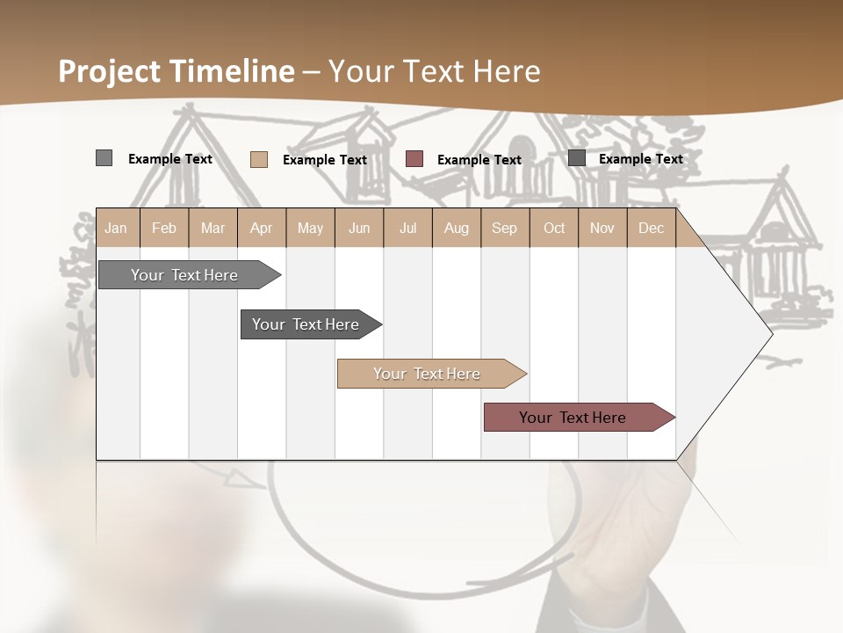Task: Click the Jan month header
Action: click(x=116, y=228)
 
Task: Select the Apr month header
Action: click(x=261, y=228)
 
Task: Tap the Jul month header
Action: click(x=407, y=228)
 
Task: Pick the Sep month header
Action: click(x=504, y=228)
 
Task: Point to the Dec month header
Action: click(x=651, y=228)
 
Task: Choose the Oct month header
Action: click(x=554, y=228)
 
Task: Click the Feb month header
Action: click(x=164, y=228)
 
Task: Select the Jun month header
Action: click(x=359, y=228)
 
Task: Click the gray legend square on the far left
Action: click(x=104, y=158)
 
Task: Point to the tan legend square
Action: click(x=258, y=159)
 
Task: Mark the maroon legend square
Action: click(x=414, y=159)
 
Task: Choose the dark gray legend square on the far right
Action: click(x=577, y=158)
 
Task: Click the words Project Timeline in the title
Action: click(x=177, y=71)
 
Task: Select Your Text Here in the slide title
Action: click(x=434, y=71)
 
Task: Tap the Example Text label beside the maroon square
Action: click(x=479, y=160)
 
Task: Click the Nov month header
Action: click(x=602, y=228)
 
